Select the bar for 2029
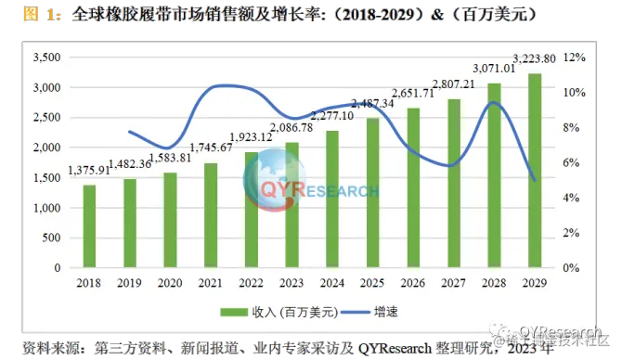tap(535, 171)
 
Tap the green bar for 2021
tap(211, 215)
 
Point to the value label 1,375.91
tap(88, 171)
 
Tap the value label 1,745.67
tap(210, 147)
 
